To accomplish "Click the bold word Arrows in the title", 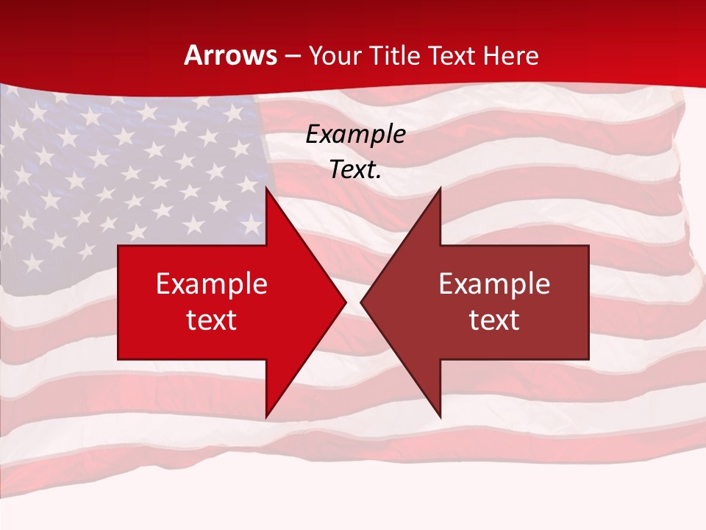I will (231, 56).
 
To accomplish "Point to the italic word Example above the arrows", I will (355, 135).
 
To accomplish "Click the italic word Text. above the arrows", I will (355, 170).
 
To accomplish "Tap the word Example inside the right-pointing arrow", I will (212, 284).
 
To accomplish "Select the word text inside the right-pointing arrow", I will (212, 319).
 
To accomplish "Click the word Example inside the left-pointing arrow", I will (494, 284).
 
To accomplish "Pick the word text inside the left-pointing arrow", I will (494, 319).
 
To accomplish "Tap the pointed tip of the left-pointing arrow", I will (361, 302).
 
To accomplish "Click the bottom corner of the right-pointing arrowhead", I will (265, 417).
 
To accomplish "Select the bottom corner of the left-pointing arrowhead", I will (441, 417).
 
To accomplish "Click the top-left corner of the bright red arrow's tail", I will (118, 246).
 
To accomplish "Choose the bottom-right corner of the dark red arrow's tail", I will (588, 359).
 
